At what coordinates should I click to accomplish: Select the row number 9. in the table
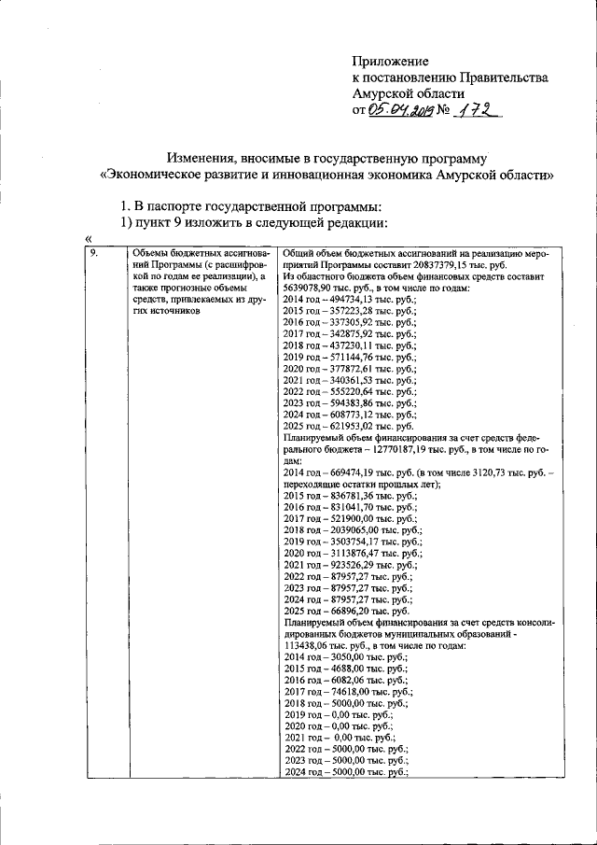(x=94, y=254)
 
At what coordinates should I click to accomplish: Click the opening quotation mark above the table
(x=89, y=239)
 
